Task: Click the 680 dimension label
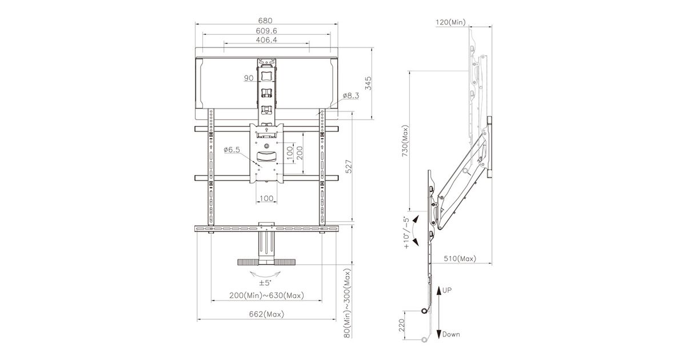pyautogui.click(x=265, y=21)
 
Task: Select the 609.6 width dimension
pyautogui.click(x=266, y=31)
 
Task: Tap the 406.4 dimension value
pyautogui.click(x=266, y=40)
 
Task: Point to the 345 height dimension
pyautogui.click(x=368, y=83)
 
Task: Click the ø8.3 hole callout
pyautogui.click(x=351, y=95)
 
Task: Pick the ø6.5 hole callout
pyautogui.click(x=232, y=150)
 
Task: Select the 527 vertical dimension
pyautogui.click(x=349, y=166)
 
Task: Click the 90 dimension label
pyautogui.click(x=249, y=78)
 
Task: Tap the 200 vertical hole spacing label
pyautogui.click(x=300, y=153)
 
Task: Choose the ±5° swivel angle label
pyautogui.click(x=265, y=282)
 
